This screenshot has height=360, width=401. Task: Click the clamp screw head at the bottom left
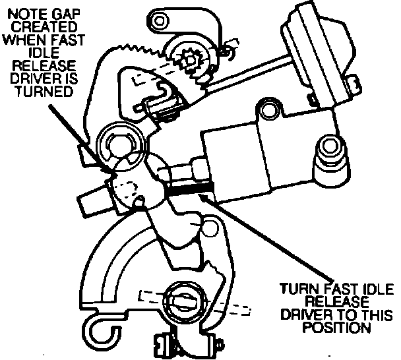161,342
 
